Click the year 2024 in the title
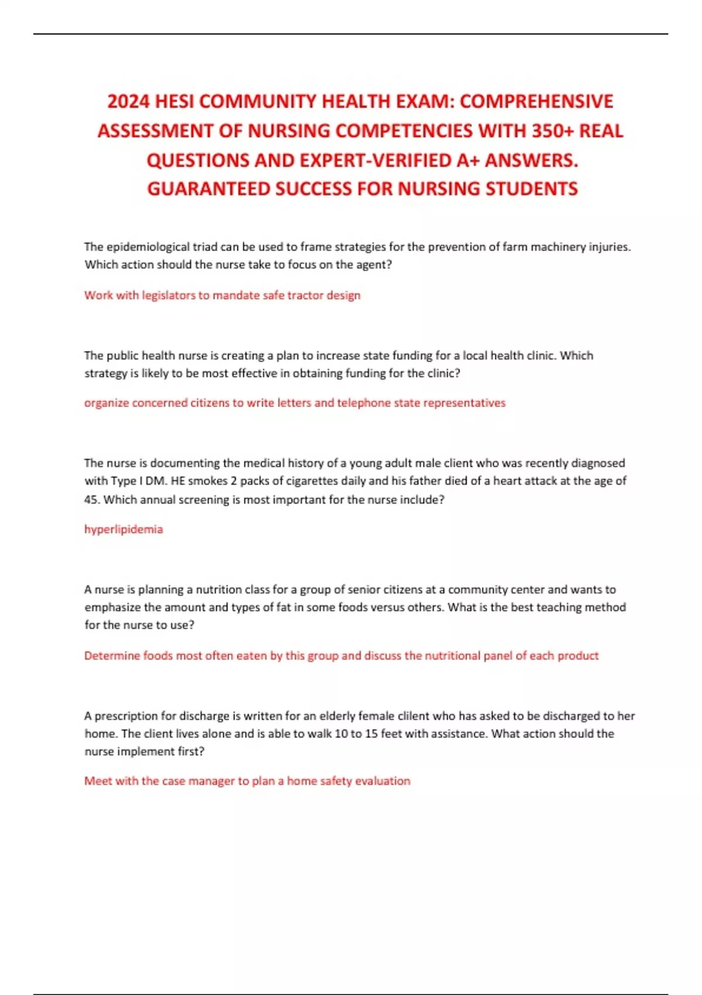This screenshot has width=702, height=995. (129, 102)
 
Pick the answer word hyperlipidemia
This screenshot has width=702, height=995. (123, 529)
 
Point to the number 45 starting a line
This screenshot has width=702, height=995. (91, 500)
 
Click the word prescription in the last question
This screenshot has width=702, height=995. (126, 716)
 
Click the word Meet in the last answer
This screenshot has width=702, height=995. (98, 781)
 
